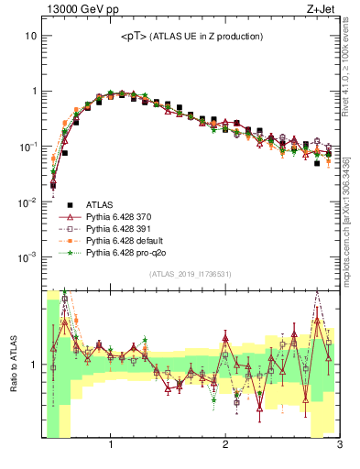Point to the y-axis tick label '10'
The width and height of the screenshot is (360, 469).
(x=30, y=36)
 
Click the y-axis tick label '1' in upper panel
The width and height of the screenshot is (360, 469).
(x=33, y=91)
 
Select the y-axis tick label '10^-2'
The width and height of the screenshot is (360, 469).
(x=27, y=202)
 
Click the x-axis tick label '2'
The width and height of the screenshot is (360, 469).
(x=225, y=446)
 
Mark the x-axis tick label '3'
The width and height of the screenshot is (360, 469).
(x=338, y=446)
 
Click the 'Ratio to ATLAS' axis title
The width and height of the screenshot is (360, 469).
(x=13, y=364)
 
